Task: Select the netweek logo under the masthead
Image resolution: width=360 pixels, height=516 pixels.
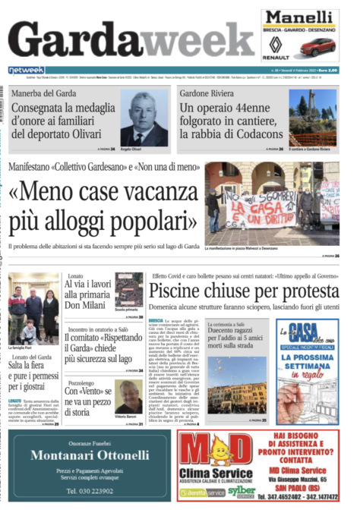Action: coord(26,71)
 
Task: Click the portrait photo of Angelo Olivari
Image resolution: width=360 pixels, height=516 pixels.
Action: coord(144,118)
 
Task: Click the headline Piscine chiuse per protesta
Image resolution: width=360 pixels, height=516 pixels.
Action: coord(243,291)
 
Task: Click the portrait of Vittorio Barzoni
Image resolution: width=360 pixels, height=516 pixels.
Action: coord(128,396)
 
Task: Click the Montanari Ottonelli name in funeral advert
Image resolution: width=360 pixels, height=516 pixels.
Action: coord(90,455)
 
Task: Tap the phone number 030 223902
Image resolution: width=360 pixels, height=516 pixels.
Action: coord(90,491)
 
